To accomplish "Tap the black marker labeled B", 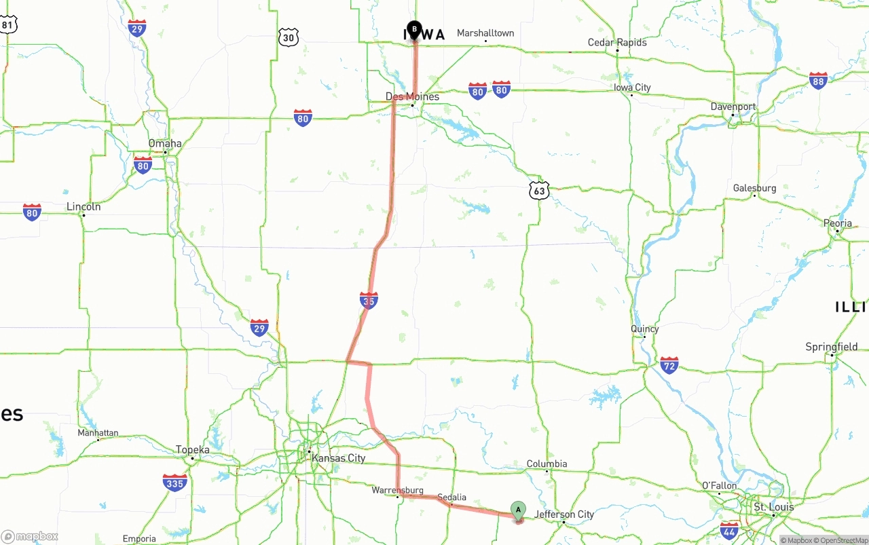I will pos(414,30).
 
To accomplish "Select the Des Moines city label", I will pos(412,96).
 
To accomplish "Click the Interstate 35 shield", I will pos(369,300).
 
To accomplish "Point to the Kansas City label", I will pos(338,458).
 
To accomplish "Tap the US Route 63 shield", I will pos(539,191).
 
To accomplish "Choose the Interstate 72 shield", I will pos(669,365).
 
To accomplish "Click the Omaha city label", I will pos(165,143).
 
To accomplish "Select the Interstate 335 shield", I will pos(174,483).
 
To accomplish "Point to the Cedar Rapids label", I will pos(617,42).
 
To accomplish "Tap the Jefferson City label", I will pos(563,514).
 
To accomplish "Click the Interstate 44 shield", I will pos(729,530).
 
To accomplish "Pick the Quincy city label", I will pos(644,329).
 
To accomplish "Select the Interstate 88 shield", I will pos(818,81).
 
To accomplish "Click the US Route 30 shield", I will pos(289,38).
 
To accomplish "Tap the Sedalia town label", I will pos(451,497).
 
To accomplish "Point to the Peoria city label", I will pos(837,223).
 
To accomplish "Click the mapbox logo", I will pos(30,536).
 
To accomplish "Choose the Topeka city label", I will pos(192,450).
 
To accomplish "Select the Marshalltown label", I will pos(485,33).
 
